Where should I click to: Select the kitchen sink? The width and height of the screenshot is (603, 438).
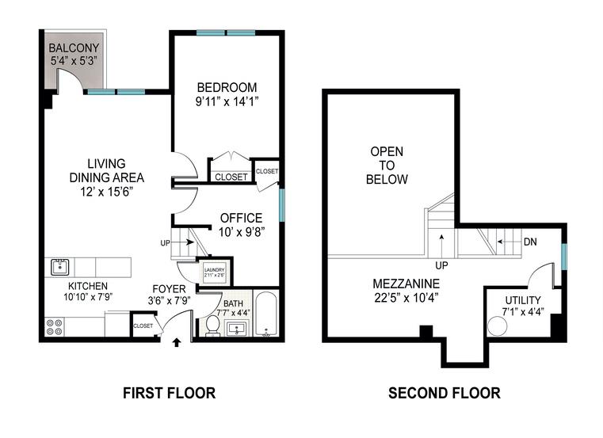click(x=58, y=266)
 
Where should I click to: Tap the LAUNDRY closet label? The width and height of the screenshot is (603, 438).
click(x=215, y=270)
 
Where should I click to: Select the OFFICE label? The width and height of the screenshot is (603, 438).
click(x=242, y=218)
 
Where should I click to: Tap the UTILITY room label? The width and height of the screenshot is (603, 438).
click(x=523, y=300)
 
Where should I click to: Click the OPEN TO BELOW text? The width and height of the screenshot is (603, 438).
click(x=387, y=165)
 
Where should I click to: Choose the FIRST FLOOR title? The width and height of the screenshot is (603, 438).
click(x=168, y=393)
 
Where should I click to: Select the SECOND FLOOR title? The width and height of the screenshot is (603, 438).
click(x=444, y=393)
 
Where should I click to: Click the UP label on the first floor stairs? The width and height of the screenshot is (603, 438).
click(x=165, y=242)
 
